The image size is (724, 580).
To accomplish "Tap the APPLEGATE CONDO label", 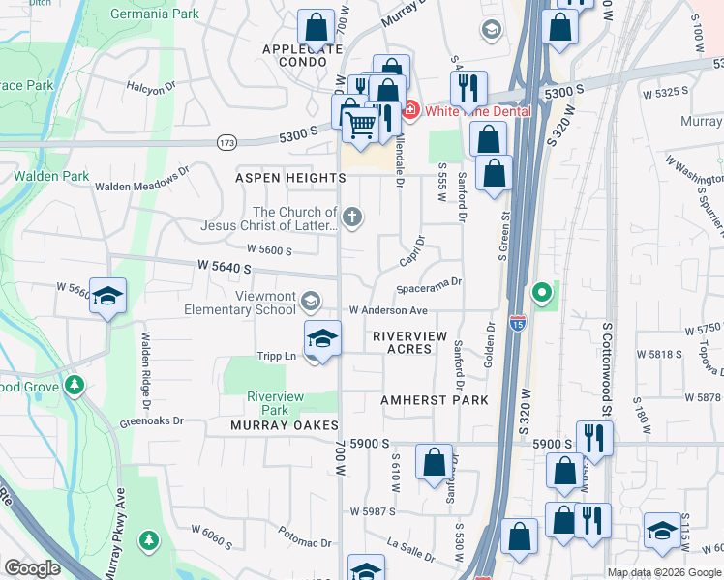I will coord(303,54).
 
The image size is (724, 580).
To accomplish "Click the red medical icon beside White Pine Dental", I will coord(410,111).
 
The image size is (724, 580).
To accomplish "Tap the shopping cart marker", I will coord(361,123).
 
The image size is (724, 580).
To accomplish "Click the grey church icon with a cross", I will coord(353,217).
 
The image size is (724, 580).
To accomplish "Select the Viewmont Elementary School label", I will coord(240,304).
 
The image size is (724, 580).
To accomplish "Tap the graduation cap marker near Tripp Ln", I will coord(323,339).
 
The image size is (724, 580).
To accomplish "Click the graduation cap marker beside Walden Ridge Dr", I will coord(108,297).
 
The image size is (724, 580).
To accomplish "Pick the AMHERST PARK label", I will coord(434,399).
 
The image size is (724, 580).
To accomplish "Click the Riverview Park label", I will coord(276,403).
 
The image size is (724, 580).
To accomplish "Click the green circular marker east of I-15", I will coord(543,290).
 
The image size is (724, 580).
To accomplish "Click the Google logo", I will coord(33,568).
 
